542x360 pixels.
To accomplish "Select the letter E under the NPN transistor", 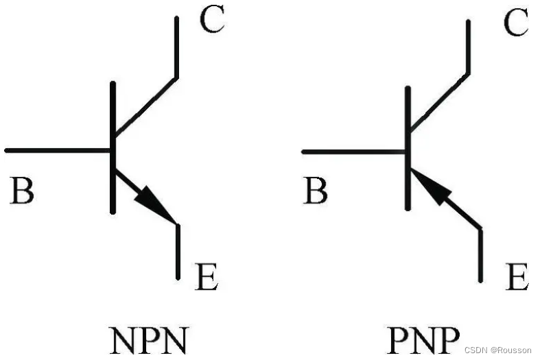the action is (207, 277).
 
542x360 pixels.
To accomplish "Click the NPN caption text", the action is (148, 339).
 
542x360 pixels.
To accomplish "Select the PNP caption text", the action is (423, 339).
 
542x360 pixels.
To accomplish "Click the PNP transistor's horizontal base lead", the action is (353, 150).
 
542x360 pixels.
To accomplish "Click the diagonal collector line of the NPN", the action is (145, 106).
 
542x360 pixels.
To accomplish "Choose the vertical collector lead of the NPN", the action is (177, 47).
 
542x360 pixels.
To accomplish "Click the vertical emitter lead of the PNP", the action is (480, 255).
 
